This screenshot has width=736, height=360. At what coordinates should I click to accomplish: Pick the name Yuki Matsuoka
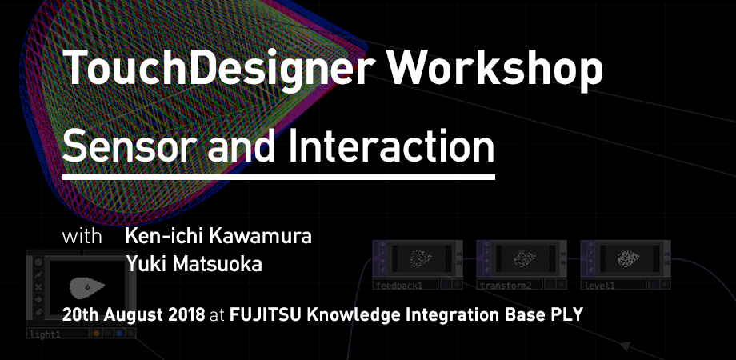coord(194,264)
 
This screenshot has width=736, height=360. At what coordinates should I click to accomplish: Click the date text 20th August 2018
coord(134,314)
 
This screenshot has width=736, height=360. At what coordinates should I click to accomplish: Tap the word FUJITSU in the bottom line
coord(265,314)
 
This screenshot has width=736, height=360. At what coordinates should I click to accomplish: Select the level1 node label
coord(601,285)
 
